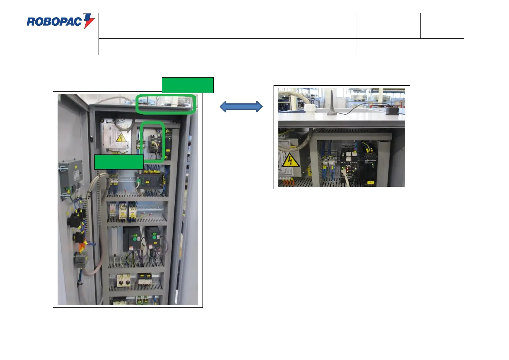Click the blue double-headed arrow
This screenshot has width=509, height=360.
[241, 106]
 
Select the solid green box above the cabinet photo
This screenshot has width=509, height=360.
[187, 85]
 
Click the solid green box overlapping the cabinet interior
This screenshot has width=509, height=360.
[118, 162]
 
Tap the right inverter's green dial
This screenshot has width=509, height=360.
[154, 237]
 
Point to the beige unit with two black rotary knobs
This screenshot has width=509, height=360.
[124, 281]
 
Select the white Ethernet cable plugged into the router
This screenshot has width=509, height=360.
[346, 180]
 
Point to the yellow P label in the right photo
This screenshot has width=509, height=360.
[310, 173]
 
